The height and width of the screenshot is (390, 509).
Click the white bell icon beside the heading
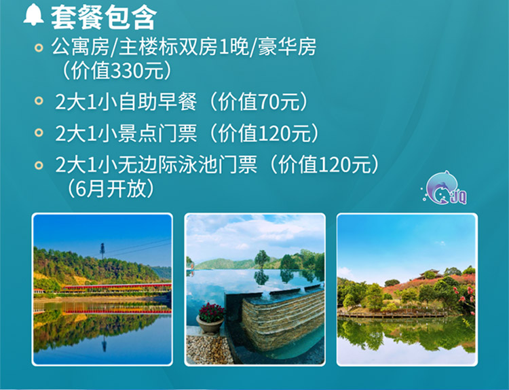coord(34,15)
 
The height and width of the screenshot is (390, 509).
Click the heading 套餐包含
coord(104,18)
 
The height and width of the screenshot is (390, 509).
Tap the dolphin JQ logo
coord(445,188)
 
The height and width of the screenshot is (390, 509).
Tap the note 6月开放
coord(111,188)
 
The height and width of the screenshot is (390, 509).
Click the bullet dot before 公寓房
coord(39,48)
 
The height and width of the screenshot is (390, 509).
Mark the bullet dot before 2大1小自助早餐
coord(39,101)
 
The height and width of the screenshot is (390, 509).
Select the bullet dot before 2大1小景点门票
coord(39,132)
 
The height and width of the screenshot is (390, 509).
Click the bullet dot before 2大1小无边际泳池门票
coord(39,165)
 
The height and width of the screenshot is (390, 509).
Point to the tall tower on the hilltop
coord(102,251)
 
